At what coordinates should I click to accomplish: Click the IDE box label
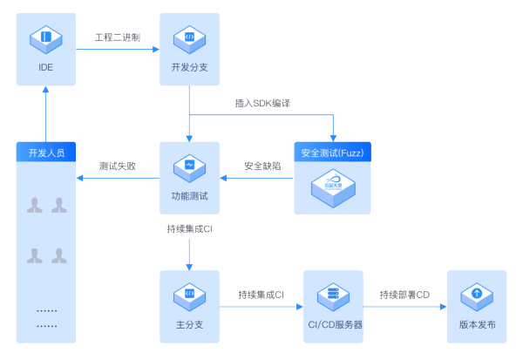coord(46,66)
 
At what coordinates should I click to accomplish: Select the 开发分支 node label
coord(189,66)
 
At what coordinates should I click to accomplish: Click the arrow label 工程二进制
coord(118,37)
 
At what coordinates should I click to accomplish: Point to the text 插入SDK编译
coord(262,103)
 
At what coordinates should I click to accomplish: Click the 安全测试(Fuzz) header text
coord(332,153)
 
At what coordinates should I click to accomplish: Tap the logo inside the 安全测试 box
coord(332,185)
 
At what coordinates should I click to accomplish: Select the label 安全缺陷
coord(261,166)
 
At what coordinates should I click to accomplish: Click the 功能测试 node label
coord(189,195)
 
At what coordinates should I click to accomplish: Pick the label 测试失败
coord(117,166)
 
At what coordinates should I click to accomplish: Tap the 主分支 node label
coord(189,324)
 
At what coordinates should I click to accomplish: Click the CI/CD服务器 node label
coord(332,324)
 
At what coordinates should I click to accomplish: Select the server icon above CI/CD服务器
coord(332,295)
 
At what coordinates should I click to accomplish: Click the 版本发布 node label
coord(476,324)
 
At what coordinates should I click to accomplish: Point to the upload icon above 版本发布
coord(476,295)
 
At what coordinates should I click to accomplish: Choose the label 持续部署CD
coord(404,295)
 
